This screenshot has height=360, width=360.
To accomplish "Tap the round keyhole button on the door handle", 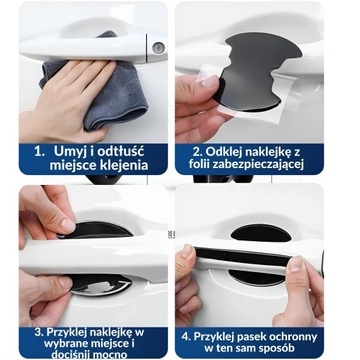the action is tap(159, 48).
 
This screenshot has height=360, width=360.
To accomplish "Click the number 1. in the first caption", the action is tap(39, 152).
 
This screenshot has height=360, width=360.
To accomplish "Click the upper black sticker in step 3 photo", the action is tap(96, 231).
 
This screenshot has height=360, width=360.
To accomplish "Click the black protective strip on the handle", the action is tap(243, 256).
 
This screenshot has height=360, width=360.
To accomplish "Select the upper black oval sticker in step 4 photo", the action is tap(261, 233).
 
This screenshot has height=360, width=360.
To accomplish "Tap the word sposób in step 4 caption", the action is tap(277, 349).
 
